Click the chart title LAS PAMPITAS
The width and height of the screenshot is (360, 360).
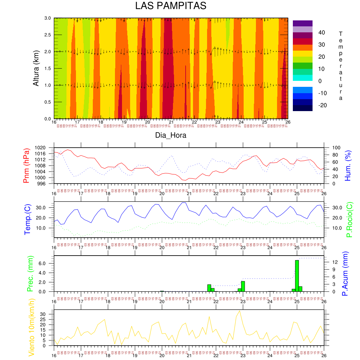pyautogui.click(x=171, y=6)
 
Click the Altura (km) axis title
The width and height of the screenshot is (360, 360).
pyautogui.click(x=36, y=68)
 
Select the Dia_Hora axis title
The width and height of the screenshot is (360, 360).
pyautogui.click(x=171, y=135)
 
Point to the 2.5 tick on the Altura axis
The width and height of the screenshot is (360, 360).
pyautogui.click(x=47, y=35)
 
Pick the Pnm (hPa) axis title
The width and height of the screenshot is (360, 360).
pyautogui.click(x=26, y=165)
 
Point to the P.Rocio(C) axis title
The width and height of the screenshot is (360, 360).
pyautogui.click(x=349, y=219)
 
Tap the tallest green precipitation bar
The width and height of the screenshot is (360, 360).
pyautogui.click(x=297, y=276)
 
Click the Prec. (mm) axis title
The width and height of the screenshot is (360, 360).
pyautogui.click(x=30, y=274)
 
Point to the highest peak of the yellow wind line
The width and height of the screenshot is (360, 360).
pyautogui.click(x=240, y=311)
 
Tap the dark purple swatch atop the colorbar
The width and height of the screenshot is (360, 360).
pyautogui.click(x=302, y=23)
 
